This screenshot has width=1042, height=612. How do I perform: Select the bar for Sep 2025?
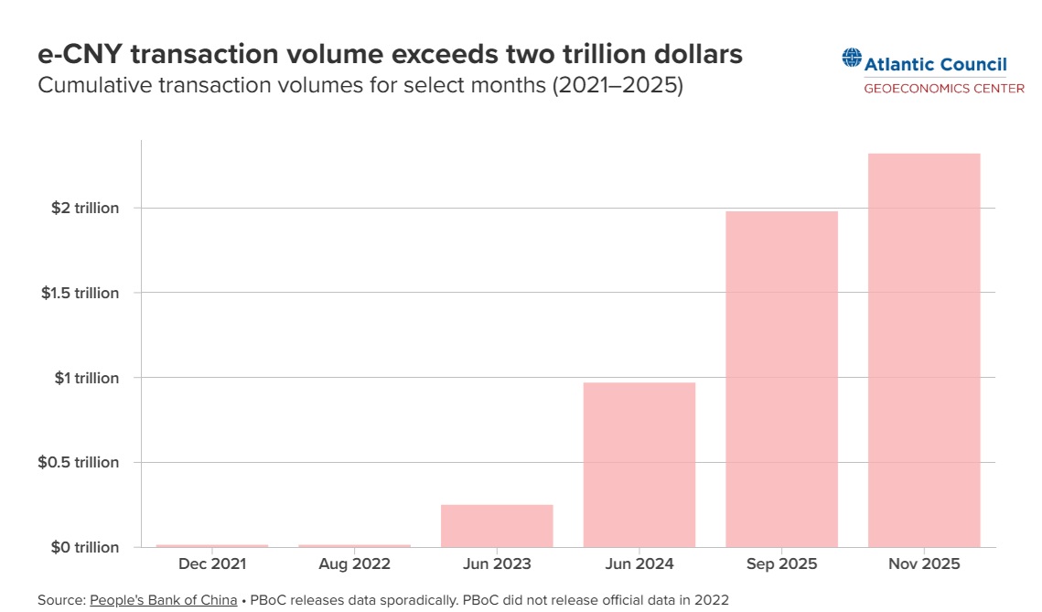click(781, 379)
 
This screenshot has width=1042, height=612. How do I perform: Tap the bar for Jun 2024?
click(639, 464)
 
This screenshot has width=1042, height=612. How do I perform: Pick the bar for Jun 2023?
click(497, 525)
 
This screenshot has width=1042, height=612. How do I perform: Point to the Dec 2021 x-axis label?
click(212, 564)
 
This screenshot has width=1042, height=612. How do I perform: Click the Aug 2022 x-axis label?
click(354, 564)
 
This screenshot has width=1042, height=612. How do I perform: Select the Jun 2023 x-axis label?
click(497, 564)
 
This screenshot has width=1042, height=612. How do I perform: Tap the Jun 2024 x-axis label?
click(639, 564)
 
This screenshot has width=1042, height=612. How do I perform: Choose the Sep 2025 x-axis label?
click(781, 564)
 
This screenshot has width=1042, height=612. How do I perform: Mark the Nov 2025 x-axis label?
click(924, 564)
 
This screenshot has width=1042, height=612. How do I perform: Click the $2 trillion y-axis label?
click(86, 209)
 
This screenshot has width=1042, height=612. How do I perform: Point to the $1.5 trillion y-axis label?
click(80, 293)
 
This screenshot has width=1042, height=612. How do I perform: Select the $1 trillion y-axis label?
click(86, 378)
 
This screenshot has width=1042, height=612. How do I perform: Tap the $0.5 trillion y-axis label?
click(79, 463)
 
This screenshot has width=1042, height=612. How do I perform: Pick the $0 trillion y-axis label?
click(84, 547)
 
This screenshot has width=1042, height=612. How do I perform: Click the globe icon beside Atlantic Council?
click(852, 59)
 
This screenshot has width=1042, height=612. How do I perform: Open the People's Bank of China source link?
click(163, 600)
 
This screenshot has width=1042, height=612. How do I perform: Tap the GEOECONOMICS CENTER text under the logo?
click(944, 89)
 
